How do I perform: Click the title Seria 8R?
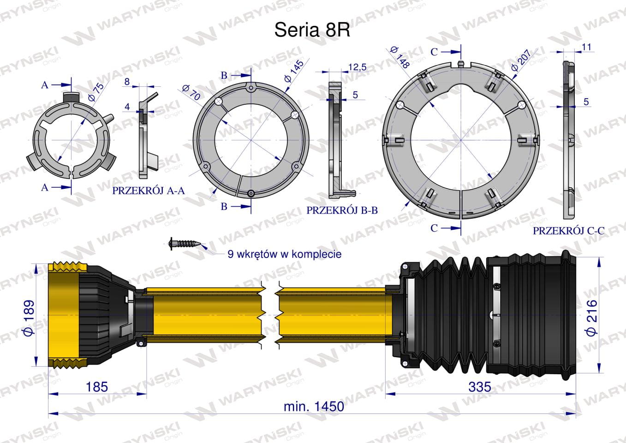tap(312, 30)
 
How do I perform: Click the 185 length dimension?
tap(97, 387)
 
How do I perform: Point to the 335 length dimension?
tap(480, 387)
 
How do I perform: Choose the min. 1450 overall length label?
tap(314, 407)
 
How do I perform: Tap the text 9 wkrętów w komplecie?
tap(285, 254)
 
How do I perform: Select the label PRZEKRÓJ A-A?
tap(149, 191)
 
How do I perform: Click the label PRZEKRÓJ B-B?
tap(342, 210)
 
